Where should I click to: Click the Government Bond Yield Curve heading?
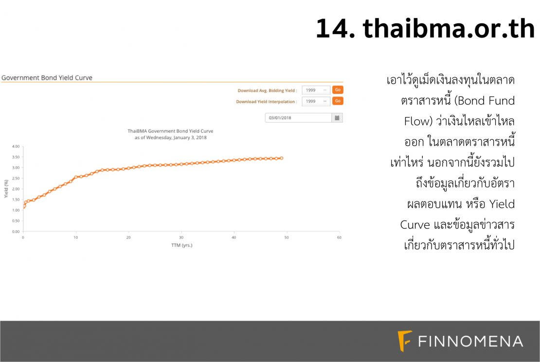47,78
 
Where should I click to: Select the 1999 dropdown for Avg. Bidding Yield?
316,90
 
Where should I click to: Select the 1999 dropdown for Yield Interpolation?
316,101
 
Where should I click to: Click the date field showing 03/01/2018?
298,118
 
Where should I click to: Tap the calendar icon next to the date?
337,118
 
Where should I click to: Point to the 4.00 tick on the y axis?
16,146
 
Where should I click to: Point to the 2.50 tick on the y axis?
16,179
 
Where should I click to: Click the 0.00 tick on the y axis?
16,232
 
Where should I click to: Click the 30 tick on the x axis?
181,237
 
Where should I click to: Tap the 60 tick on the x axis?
339,237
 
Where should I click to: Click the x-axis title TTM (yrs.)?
182,245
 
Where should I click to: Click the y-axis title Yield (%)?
6,189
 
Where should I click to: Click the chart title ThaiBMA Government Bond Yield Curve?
170,131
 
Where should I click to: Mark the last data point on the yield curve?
282,158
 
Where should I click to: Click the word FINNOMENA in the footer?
470,342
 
